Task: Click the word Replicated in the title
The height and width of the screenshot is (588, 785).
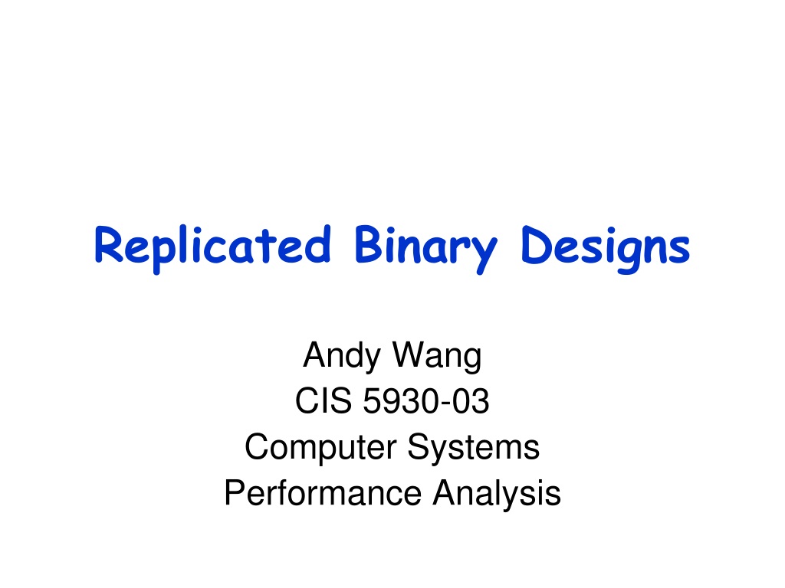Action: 212,249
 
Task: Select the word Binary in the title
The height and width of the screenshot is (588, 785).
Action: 425,249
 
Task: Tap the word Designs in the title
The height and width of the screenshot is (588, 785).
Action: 606,249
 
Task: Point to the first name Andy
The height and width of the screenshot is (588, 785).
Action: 342,356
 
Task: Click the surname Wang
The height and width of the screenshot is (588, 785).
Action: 437,356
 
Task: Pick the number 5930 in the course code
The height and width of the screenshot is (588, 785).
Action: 400,401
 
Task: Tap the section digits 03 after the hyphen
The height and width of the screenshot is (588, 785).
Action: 470,401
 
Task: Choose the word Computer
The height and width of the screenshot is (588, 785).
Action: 320,447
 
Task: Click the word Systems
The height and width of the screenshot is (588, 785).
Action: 473,447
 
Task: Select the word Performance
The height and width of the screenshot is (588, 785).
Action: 323,493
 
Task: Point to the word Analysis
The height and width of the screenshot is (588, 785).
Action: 497,494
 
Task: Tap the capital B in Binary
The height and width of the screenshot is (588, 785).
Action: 369,244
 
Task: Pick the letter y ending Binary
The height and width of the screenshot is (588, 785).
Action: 484,253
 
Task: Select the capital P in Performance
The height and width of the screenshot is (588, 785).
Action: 235,493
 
